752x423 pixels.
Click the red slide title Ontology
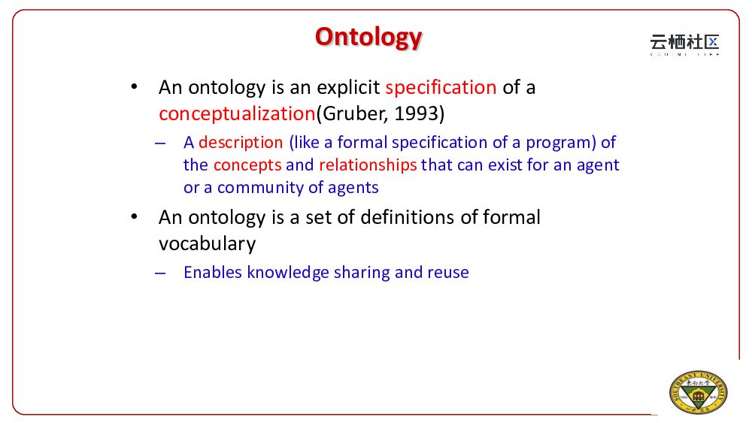tap(368, 38)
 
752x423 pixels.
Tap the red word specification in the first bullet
tap(441, 88)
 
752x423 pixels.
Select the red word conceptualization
tap(237, 114)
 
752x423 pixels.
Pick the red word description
tap(241, 143)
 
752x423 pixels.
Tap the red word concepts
tap(247, 165)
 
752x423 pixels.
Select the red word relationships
tap(368, 165)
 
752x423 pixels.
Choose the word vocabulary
tap(208, 244)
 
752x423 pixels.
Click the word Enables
tap(213, 272)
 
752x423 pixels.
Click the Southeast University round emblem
tap(699, 392)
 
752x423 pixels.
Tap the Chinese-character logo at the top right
tap(684, 44)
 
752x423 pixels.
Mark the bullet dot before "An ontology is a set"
tap(135, 217)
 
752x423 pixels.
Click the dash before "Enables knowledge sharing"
tap(160, 273)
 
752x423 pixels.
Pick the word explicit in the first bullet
tap(348, 88)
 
